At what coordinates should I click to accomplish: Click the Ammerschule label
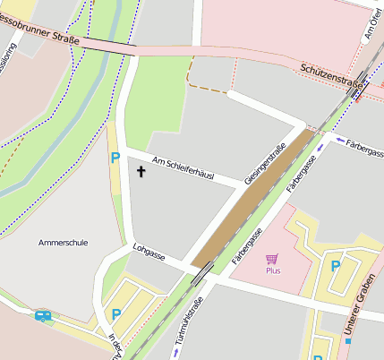[x=63, y=242]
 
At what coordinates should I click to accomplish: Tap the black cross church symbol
[x=141, y=169]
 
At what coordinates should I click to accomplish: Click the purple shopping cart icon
[x=272, y=258]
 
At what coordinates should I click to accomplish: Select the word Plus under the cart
[x=273, y=270]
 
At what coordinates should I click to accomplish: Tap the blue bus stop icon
[x=42, y=315]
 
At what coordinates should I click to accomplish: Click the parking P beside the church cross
[x=115, y=158]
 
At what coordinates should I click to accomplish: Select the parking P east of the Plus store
[x=336, y=265]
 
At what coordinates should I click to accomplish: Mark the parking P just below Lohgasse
[x=115, y=313]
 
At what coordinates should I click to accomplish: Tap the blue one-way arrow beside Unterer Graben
[x=347, y=340]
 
